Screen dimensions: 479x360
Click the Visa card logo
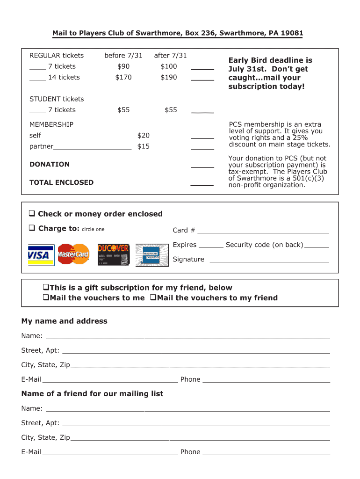[41, 255]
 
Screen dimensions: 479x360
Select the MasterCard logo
[73, 254]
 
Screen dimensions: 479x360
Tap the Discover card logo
[113, 254]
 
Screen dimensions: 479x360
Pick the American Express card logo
[152, 255]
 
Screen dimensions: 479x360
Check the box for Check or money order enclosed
[32, 214]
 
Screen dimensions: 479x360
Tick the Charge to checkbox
[32, 228]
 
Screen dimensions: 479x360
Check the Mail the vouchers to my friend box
[152, 298]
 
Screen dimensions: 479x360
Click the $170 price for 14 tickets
[123, 77]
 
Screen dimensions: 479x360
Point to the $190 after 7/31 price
[169, 77]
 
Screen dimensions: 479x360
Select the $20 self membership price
[143, 135]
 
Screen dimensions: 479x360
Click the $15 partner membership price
[143, 146]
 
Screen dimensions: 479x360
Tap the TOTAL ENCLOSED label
[61, 182]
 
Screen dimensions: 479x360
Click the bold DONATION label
[50, 164]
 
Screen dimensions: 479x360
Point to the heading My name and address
[65, 321]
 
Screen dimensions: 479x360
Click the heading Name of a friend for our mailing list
[92, 393]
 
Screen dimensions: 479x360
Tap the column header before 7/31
[123, 56]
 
